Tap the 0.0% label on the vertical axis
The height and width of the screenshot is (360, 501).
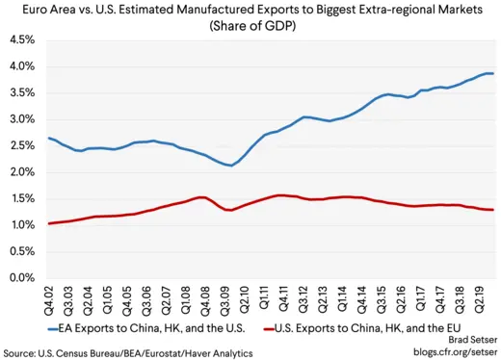click(x=20, y=278)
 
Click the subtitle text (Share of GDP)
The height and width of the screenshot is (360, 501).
click(x=250, y=27)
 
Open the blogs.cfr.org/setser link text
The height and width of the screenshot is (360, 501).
click(x=448, y=353)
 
